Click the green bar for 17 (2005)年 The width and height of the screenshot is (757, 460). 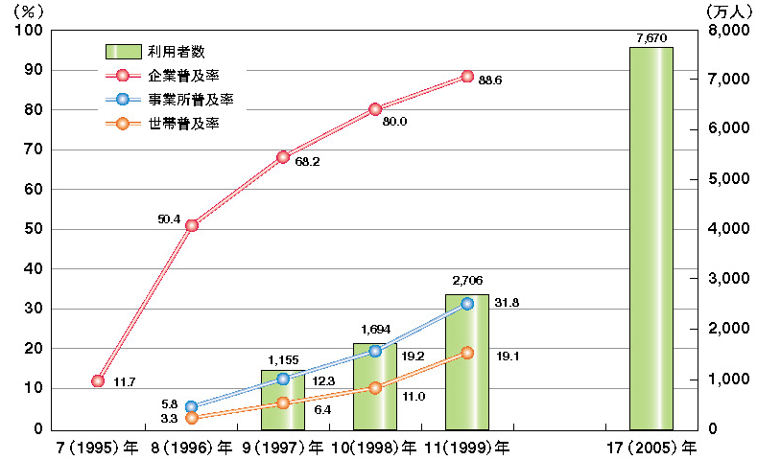[651, 238]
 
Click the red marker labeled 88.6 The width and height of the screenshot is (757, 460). [467, 76]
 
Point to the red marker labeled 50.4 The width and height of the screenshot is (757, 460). [192, 225]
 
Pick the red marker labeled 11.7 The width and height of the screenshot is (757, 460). [98, 380]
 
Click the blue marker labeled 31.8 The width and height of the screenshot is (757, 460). [467, 303]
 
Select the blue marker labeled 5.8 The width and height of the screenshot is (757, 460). [192, 406]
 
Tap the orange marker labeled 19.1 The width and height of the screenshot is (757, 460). [467, 353]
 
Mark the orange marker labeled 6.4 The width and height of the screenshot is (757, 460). [283, 402]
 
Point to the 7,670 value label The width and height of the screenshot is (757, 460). [651, 37]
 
